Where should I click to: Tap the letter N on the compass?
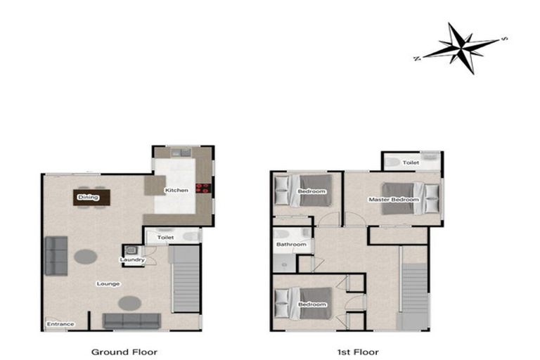pos(418,58)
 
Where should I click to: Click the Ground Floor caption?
pos(124,351)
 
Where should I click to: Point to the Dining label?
pos(88,198)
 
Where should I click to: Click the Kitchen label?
pos(176,191)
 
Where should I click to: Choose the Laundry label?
pos(132,260)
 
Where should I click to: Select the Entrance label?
pos(60,324)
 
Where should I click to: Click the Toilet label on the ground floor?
pos(165,238)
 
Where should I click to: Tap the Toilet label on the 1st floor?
pos(411,162)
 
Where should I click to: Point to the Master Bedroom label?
pos(394,200)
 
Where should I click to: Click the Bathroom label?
pos(290,244)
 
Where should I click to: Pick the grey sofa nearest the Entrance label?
pos(131,321)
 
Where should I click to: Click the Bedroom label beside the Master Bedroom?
pos(311,191)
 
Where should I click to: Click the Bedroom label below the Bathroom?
pos(312,304)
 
